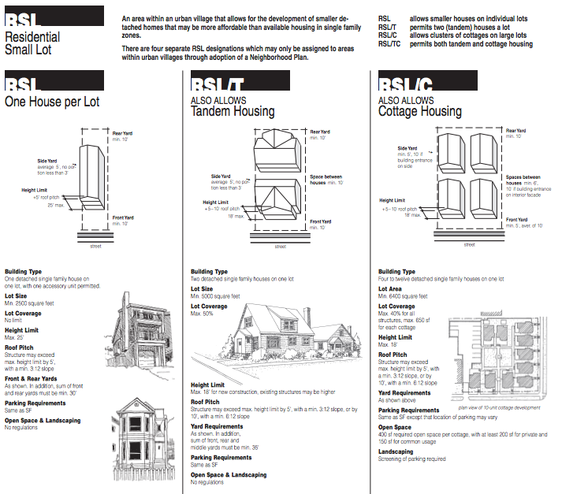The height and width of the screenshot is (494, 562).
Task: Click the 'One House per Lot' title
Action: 52,102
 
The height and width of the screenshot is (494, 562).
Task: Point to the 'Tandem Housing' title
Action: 233,112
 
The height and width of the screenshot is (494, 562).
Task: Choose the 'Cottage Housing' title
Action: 420,112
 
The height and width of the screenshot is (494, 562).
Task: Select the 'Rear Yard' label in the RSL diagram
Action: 123,132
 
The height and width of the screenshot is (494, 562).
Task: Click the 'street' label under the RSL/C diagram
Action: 470,244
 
